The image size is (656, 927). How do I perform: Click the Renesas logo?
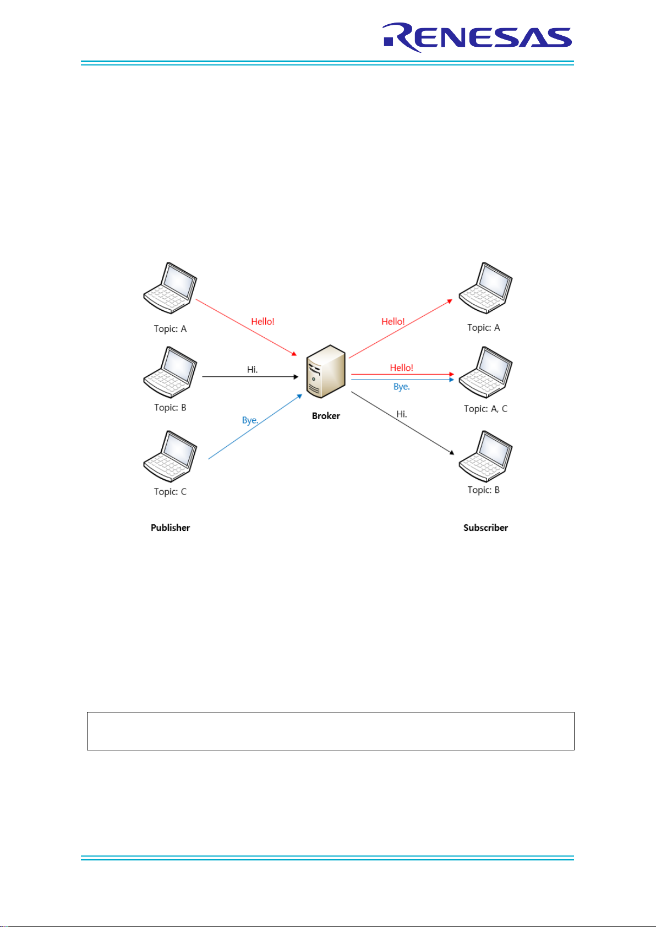(478, 37)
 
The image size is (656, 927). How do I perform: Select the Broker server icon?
(326, 371)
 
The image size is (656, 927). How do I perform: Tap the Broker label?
(326, 416)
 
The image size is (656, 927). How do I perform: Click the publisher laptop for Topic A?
(170, 288)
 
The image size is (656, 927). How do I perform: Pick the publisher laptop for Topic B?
(170, 372)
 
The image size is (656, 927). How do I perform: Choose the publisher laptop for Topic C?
(170, 457)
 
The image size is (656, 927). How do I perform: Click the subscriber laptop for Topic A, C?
(485, 372)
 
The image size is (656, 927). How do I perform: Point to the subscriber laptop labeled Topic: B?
(485, 457)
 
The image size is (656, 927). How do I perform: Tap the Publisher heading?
(170, 528)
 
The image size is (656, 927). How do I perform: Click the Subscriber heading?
(485, 528)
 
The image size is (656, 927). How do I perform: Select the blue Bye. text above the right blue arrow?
(401, 387)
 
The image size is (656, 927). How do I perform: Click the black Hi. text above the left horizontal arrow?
(252, 370)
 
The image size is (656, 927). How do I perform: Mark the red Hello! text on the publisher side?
(263, 321)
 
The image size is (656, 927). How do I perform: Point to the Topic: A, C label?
(485, 409)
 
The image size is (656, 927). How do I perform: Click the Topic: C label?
(170, 492)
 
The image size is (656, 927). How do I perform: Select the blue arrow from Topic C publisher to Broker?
(255, 426)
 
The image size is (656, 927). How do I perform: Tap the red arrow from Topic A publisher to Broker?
(247, 327)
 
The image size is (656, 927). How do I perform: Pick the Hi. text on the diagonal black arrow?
(402, 414)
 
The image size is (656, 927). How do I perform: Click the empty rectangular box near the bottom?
(330, 731)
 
